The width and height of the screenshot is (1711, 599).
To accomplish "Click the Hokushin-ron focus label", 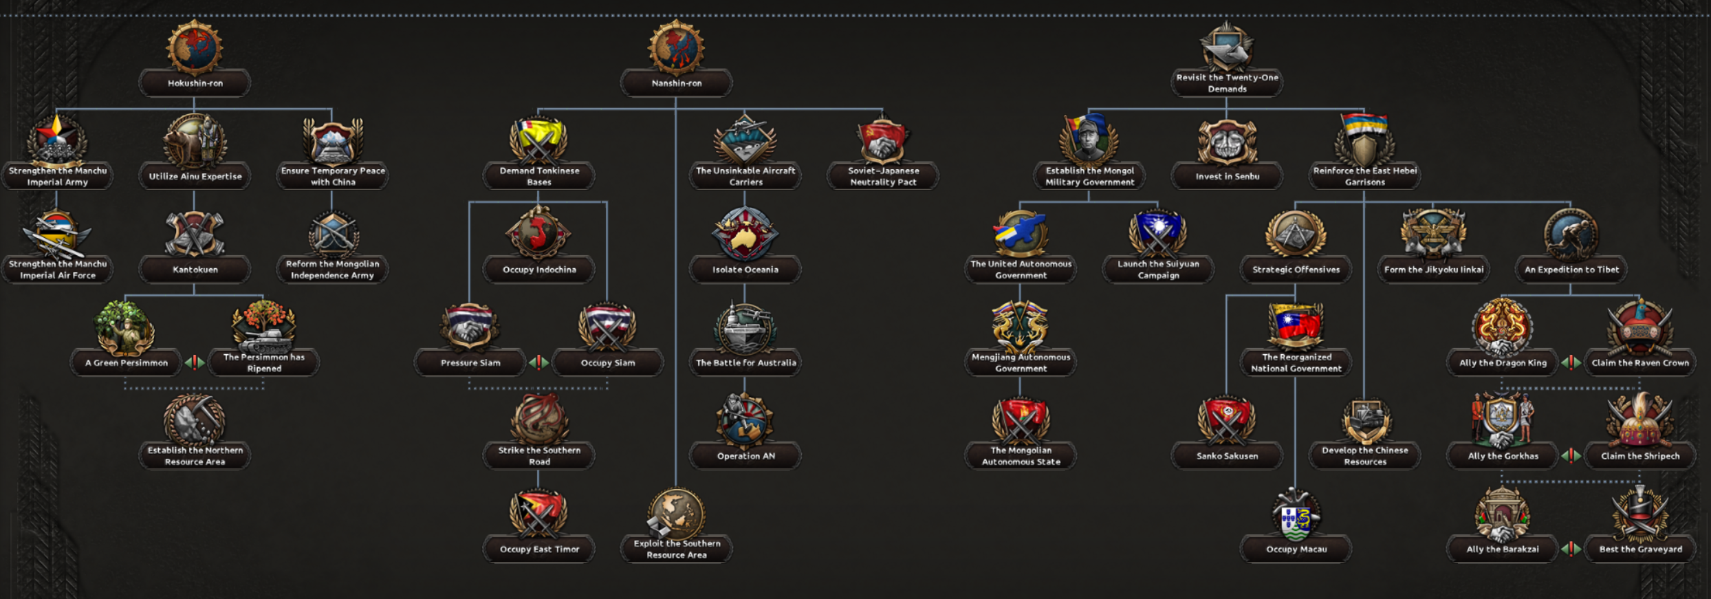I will [x=195, y=83].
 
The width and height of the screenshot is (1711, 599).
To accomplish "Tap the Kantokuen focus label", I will [x=195, y=270].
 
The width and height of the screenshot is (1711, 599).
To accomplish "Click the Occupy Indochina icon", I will [x=538, y=232].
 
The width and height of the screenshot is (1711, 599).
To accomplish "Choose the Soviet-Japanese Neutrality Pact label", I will [x=883, y=176].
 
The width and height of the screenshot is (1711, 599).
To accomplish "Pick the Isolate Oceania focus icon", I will [x=745, y=234].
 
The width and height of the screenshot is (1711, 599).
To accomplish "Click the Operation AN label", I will [x=745, y=456].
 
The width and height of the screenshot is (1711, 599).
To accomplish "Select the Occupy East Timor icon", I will [x=538, y=513].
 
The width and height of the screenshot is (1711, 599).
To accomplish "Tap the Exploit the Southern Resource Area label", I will [x=677, y=549].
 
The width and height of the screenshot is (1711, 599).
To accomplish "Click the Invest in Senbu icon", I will [x=1227, y=142].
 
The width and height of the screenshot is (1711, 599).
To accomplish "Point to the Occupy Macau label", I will [x=1296, y=549].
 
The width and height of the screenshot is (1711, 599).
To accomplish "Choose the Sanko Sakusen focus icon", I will [x=1227, y=420].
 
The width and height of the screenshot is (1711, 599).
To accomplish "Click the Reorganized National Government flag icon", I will [x=1296, y=326].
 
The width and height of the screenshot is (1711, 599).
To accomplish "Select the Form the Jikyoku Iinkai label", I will [x=1434, y=270].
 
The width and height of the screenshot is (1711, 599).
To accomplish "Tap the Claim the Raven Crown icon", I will [x=1640, y=327].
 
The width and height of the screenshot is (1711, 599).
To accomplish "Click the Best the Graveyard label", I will [x=1640, y=549].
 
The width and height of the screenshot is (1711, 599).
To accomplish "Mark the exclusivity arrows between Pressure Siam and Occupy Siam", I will [x=538, y=362].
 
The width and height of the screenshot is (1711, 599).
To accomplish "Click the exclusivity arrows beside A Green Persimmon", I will [x=195, y=362].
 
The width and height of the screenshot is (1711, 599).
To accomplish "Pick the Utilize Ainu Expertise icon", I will [x=195, y=141].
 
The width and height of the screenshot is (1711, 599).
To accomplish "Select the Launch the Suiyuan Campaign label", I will [x=1158, y=270].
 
